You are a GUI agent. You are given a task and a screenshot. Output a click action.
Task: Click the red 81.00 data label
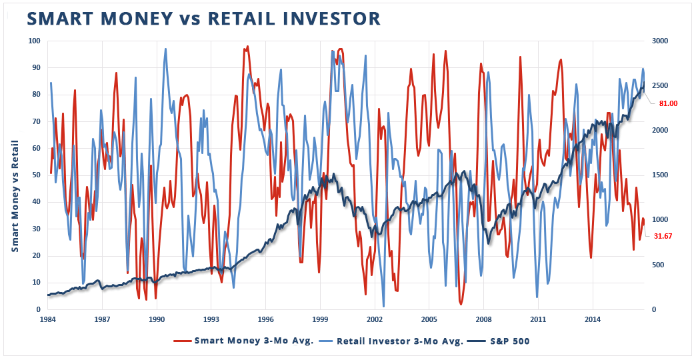[668, 103]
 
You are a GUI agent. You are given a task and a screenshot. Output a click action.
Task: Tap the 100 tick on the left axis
[34, 41]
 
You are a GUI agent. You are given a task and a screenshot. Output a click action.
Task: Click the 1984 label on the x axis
[48, 319]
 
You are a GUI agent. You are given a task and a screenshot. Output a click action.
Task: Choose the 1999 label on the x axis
[320, 319]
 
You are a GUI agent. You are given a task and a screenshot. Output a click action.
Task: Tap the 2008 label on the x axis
[483, 319]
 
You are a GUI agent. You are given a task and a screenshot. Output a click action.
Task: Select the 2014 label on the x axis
[592, 319]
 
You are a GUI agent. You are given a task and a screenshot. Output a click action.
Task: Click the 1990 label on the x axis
[157, 319]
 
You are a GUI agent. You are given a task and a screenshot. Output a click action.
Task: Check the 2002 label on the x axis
[375, 319]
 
